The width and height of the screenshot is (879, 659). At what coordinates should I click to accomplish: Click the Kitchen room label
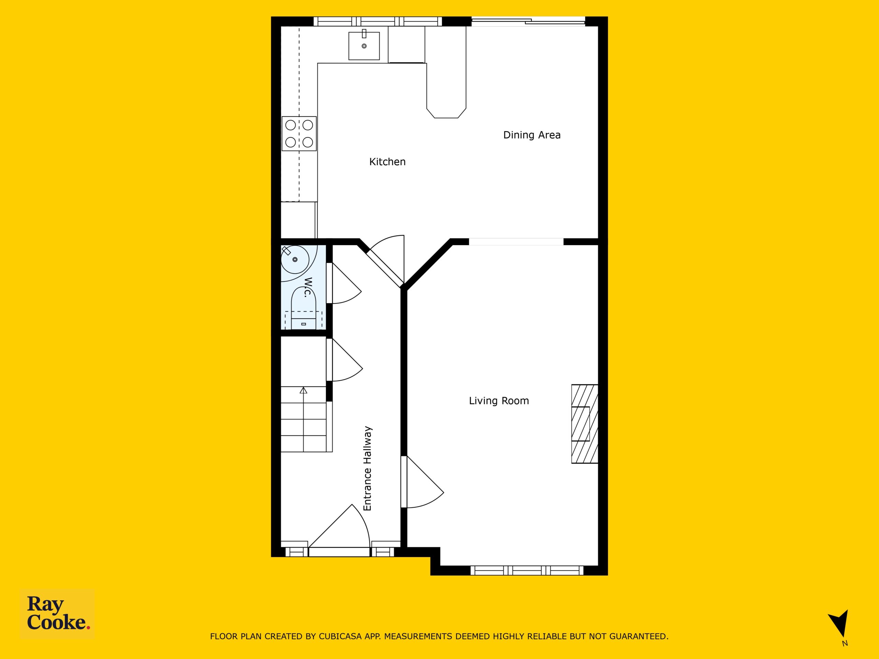pyautogui.click(x=387, y=162)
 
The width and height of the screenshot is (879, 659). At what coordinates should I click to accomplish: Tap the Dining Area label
pyautogui.click(x=532, y=135)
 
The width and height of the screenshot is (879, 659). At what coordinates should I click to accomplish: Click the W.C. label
pyautogui.click(x=308, y=287)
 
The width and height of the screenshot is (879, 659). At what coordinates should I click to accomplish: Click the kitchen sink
pyautogui.click(x=364, y=46)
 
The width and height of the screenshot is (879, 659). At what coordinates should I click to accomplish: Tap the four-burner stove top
pyautogui.click(x=299, y=134)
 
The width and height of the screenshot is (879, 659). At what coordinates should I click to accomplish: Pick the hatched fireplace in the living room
pyautogui.click(x=584, y=424)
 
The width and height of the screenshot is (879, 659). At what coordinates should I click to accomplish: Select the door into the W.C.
pyautogui.click(x=344, y=283)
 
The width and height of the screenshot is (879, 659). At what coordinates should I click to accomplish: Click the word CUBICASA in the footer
pyautogui.click(x=340, y=636)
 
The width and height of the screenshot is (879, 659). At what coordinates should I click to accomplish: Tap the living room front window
pyautogui.click(x=527, y=571)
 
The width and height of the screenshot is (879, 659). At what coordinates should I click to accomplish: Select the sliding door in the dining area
pyautogui.click(x=528, y=21)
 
